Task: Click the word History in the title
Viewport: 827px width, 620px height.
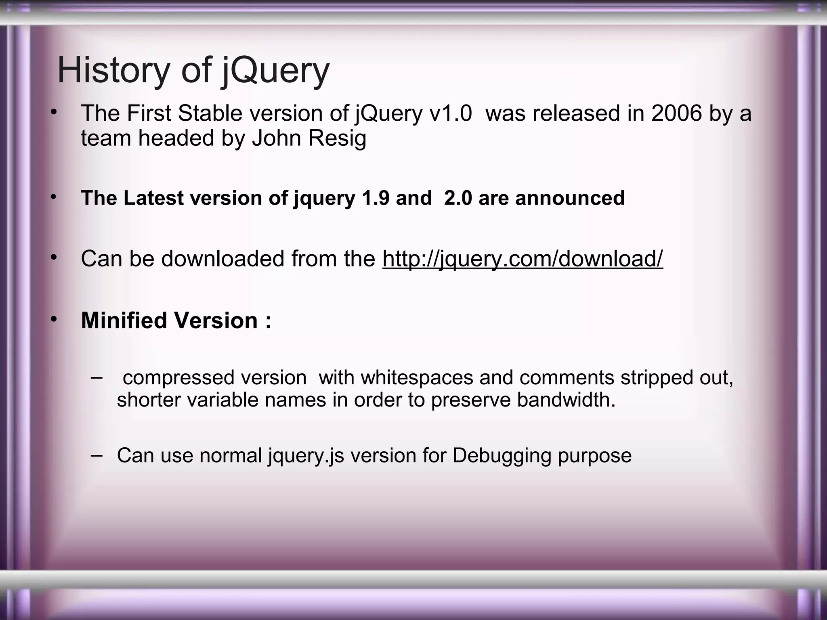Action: (x=113, y=70)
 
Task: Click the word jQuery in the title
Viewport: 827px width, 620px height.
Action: (x=275, y=71)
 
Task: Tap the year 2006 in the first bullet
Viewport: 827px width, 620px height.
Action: (x=676, y=113)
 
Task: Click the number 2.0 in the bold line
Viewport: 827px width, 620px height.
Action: (x=458, y=198)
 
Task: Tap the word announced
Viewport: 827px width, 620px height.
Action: (x=570, y=198)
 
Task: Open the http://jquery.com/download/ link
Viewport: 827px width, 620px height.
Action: (x=523, y=259)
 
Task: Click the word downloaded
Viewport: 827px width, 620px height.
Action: (x=223, y=259)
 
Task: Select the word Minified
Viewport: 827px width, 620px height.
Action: (x=124, y=320)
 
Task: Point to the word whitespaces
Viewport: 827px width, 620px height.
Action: (x=417, y=378)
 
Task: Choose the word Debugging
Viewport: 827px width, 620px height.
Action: (x=502, y=456)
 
